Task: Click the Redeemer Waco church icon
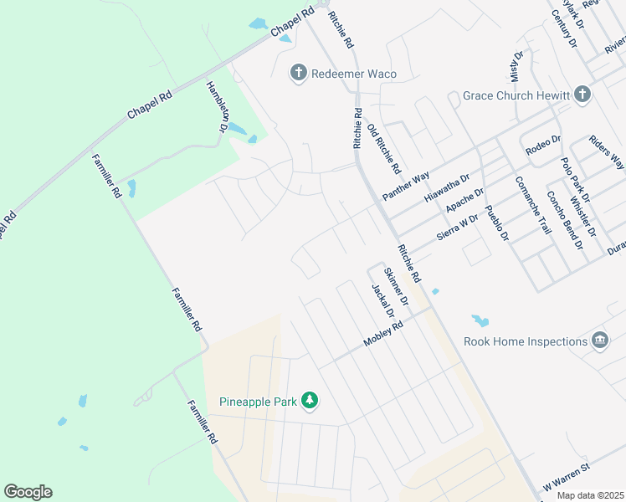click(x=298, y=74)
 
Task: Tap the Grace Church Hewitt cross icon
click(x=582, y=95)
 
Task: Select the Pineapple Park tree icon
click(x=310, y=402)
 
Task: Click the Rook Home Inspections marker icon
click(x=599, y=341)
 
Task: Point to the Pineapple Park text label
click(x=259, y=402)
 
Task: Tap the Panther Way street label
click(x=405, y=186)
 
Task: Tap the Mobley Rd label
click(x=383, y=334)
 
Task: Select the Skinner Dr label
click(x=396, y=286)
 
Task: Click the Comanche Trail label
click(x=533, y=205)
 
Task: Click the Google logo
click(x=28, y=492)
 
